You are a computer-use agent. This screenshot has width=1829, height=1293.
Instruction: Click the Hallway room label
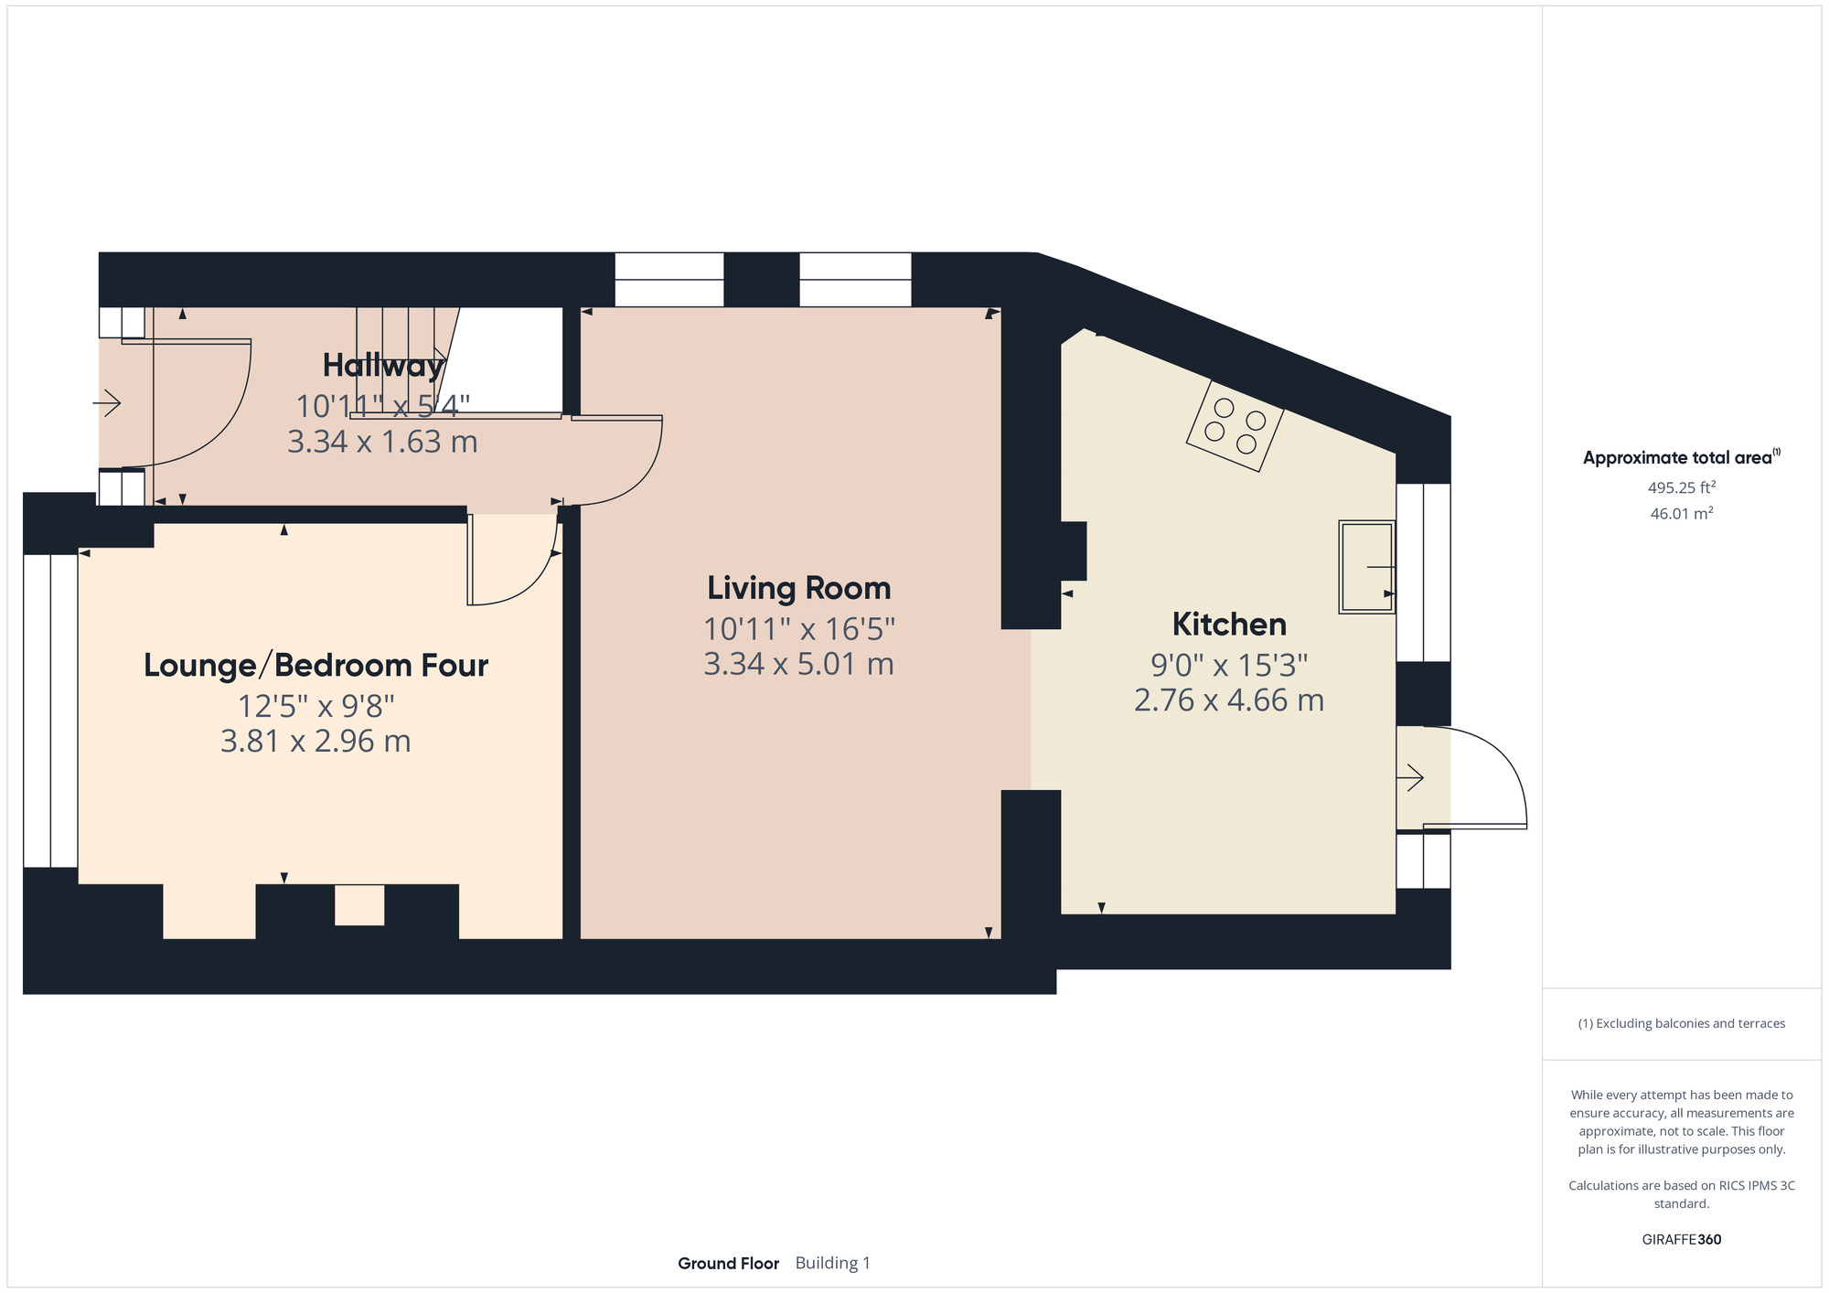pyautogui.click(x=383, y=366)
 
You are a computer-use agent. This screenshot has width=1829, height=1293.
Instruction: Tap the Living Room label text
pyautogui.click(x=798, y=588)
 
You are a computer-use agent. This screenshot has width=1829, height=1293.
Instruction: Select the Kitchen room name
pyautogui.click(x=1229, y=625)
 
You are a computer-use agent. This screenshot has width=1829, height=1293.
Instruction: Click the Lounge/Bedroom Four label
pyautogui.click(x=316, y=665)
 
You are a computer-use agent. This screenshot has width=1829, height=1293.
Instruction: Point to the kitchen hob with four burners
pyautogui.click(x=1235, y=426)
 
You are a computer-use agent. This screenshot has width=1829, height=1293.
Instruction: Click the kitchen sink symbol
pyautogui.click(x=1366, y=567)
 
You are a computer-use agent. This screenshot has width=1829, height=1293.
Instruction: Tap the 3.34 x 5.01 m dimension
pyautogui.click(x=798, y=664)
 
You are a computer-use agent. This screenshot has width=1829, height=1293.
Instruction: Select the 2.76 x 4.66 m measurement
pyautogui.click(x=1229, y=700)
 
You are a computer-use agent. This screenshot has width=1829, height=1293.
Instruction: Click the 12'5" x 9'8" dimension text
pyautogui.click(x=316, y=706)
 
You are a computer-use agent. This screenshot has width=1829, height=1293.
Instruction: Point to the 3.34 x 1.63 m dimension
pyautogui.click(x=382, y=443)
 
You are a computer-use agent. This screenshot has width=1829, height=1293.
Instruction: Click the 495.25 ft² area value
pyautogui.click(x=1682, y=487)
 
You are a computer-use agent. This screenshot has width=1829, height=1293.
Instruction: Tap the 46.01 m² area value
pyautogui.click(x=1682, y=513)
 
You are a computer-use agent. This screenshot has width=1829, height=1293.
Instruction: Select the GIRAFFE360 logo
pyautogui.click(x=1682, y=1240)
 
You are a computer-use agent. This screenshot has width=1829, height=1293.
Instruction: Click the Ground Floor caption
pyautogui.click(x=728, y=1264)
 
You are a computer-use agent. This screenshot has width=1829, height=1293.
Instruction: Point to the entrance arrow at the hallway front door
pyautogui.click(x=107, y=402)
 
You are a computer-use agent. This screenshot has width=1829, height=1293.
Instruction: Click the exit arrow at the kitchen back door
pyautogui.click(x=1410, y=778)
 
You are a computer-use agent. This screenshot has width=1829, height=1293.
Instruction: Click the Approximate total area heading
pyautogui.click(x=1682, y=457)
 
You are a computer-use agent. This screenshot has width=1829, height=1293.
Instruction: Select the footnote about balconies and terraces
pyautogui.click(x=1682, y=1023)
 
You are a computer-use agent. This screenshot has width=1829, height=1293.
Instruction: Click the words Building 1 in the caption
pyautogui.click(x=832, y=1264)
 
